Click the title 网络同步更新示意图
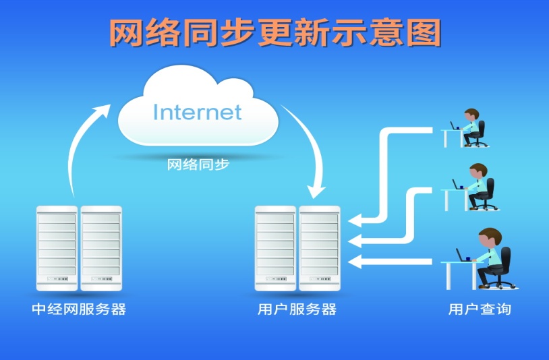pyautogui.click(x=274, y=32)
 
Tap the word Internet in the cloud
pyautogui.click(x=197, y=111)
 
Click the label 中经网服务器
pyautogui.click(x=79, y=310)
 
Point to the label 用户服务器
pyautogui.click(x=297, y=310)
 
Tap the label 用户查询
pyautogui.click(x=480, y=310)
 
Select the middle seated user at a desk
pyautogui.click(x=478, y=185)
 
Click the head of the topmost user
pyautogui.click(x=471, y=114)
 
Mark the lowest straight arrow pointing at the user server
pyautogui.click(x=395, y=261)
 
